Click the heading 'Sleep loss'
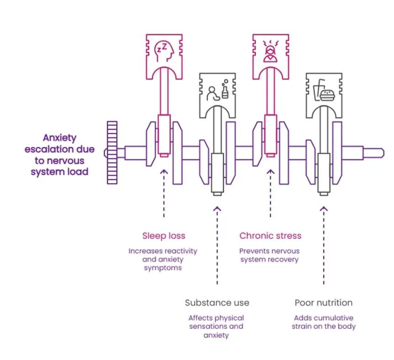[x=164, y=236]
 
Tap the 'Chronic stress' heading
[x=271, y=236]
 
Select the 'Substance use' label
[x=217, y=303]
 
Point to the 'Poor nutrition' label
[x=324, y=303]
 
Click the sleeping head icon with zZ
[x=164, y=52]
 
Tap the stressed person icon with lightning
[x=271, y=51]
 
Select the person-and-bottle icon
[x=218, y=90]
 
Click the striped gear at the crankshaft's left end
[x=112, y=153]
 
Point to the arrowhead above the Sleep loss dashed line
[x=164, y=172]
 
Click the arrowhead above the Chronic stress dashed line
[x=271, y=172]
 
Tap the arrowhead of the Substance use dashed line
[x=217, y=209]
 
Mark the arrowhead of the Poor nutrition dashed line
[x=324, y=209]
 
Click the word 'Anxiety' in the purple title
[x=59, y=138]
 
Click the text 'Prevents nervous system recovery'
[x=269, y=255]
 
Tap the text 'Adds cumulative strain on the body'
[x=324, y=322]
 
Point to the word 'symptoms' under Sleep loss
[x=163, y=268]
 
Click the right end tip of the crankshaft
[x=383, y=153]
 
